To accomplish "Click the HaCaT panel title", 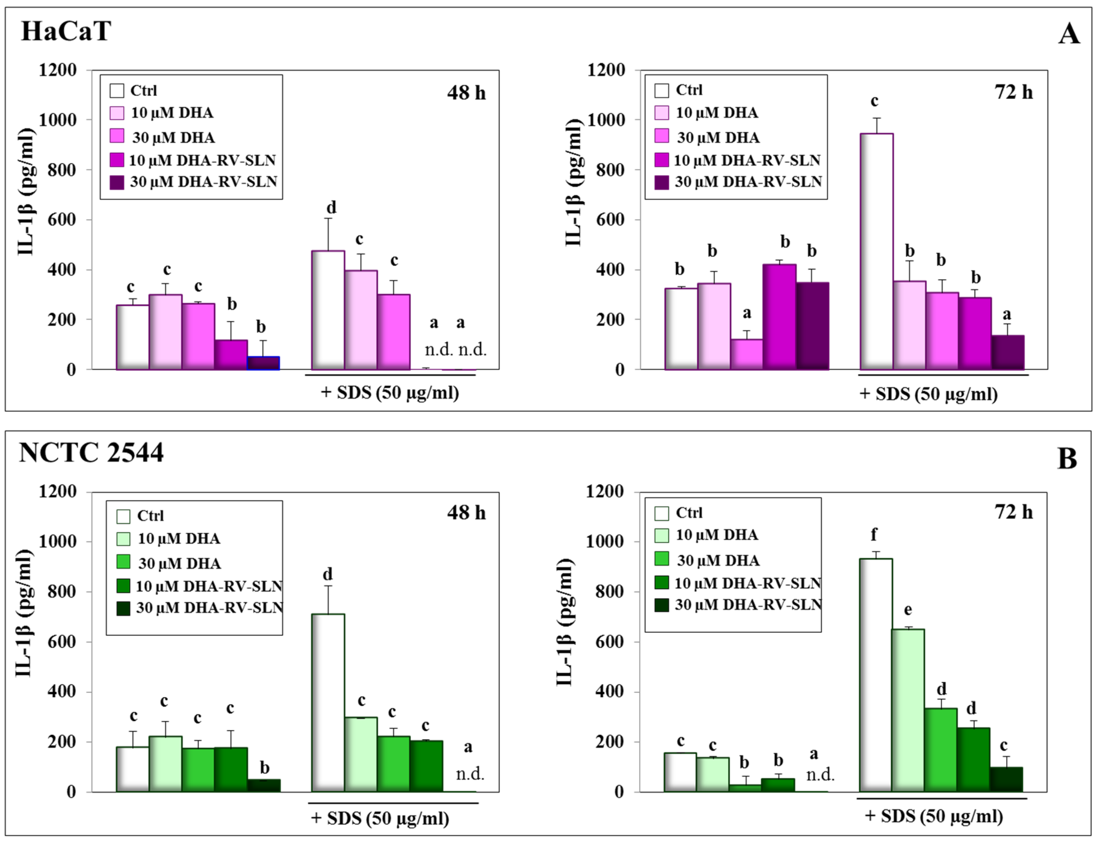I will [x=66, y=31].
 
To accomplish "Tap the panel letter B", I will [x=1067, y=458].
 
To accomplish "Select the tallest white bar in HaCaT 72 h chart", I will [x=876, y=251].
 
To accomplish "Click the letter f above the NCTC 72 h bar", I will [x=874, y=535].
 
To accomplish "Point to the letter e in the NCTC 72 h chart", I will [x=907, y=610].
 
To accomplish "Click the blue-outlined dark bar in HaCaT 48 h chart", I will [x=263, y=363].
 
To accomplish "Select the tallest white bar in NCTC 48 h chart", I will [x=328, y=702].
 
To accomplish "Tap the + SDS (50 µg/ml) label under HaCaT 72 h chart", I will [x=928, y=394].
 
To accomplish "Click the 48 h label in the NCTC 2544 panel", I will [x=466, y=513].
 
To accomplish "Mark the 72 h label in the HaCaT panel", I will [x=1013, y=92].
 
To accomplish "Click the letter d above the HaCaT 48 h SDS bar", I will [x=331, y=208].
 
